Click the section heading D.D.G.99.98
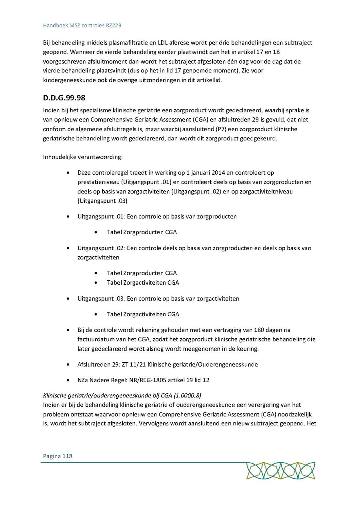point(64,98)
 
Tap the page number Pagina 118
point(58,456)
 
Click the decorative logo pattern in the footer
point(280,471)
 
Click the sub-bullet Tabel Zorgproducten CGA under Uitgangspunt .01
point(142,232)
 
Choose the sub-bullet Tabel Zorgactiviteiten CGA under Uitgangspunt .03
point(143,314)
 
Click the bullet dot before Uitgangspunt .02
point(69,248)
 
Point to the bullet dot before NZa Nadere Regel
point(69,380)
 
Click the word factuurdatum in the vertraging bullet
point(96,339)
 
